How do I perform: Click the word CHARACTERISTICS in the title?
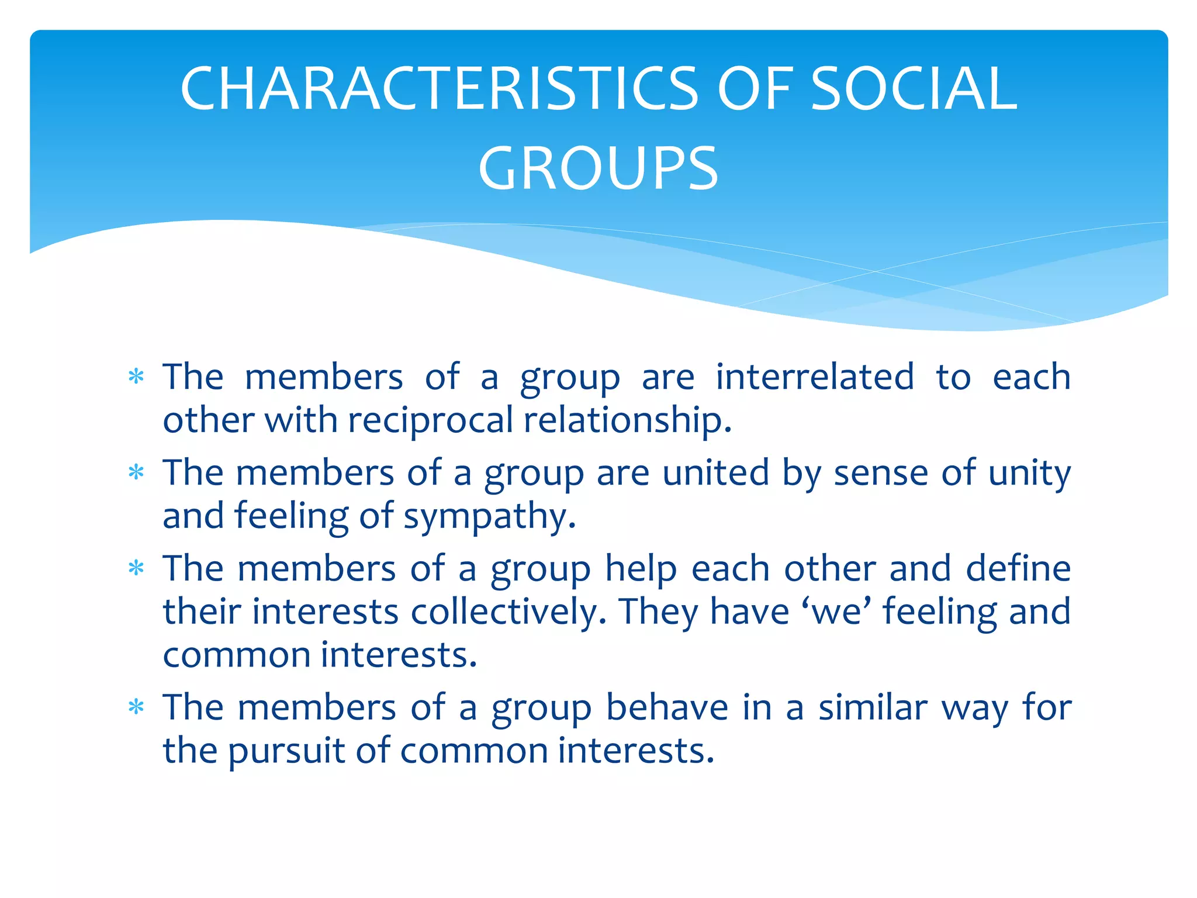pyautogui.click(x=439, y=89)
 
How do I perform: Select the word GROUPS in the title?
pyautogui.click(x=598, y=170)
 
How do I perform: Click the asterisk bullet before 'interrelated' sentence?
pyautogui.click(x=136, y=377)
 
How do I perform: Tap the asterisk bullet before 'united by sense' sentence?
pyautogui.click(x=136, y=472)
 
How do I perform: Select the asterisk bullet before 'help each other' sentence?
pyautogui.click(x=136, y=568)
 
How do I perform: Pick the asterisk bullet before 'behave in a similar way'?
pyautogui.click(x=136, y=707)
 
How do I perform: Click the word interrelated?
pyautogui.click(x=815, y=377)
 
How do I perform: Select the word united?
pyautogui.click(x=715, y=473)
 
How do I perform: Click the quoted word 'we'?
pyautogui.click(x=839, y=612)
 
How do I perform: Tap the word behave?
pyautogui.click(x=667, y=708)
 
